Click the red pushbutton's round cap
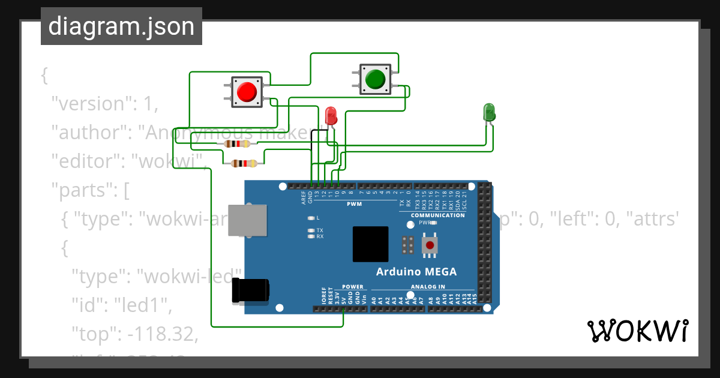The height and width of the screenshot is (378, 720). point(247,92)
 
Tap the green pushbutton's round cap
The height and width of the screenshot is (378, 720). point(375,79)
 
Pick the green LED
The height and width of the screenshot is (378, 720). point(489,112)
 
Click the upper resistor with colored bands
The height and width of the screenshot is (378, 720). point(237,143)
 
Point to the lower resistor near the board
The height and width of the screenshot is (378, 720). point(244,163)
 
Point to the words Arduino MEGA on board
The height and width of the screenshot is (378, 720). point(416,272)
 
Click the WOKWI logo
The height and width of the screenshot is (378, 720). point(637,331)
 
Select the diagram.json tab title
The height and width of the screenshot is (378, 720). point(121,26)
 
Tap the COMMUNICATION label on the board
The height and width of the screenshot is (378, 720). point(437,215)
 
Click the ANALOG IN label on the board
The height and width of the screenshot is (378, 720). point(428,287)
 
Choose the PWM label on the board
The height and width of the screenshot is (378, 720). point(354,204)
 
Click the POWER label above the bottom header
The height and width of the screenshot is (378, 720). point(353,287)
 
